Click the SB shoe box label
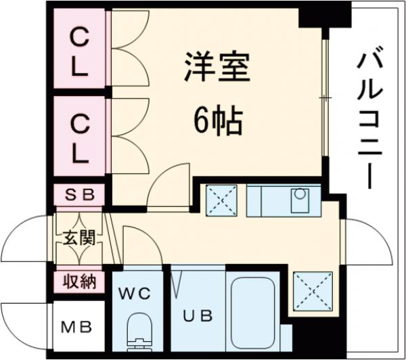pyautogui.click(x=79, y=195)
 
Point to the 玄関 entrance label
pyautogui.click(x=79, y=238)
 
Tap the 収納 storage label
pyautogui.click(x=79, y=281)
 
